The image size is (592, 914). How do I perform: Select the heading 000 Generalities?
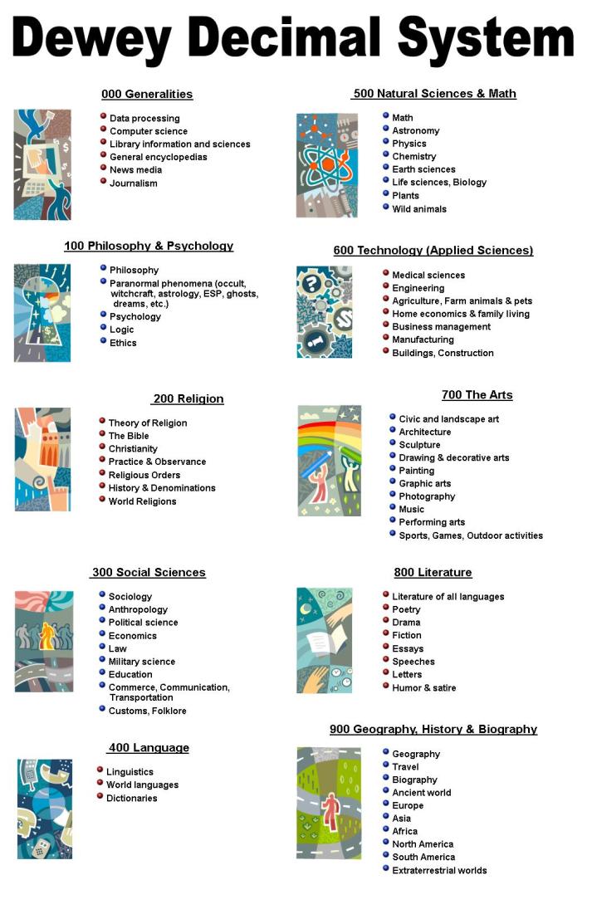pos(147,94)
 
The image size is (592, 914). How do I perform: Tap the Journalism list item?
pos(133,183)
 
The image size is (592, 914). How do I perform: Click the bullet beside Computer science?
pos(103,130)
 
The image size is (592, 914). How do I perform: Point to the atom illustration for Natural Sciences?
pos(326,165)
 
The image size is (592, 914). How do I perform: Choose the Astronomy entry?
pos(415,130)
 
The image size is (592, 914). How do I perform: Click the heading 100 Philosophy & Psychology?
pos(149,246)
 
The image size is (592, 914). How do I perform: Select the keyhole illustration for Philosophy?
pos(42,312)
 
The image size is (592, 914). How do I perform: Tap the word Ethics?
pos(123,343)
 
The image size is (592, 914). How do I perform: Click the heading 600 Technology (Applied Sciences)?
pos(433,250)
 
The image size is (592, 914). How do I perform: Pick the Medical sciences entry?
pos(428,275)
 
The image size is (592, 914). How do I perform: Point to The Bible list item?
pos(129,436)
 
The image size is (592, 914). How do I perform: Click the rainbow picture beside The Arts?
pos(329,460)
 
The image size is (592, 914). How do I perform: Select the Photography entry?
pos(427,496)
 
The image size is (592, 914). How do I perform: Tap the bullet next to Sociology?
pos(102,594)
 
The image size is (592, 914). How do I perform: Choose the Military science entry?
pos(141,662)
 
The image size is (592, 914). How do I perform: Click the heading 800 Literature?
pos(433,572)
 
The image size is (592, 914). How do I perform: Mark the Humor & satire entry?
pos(423,687)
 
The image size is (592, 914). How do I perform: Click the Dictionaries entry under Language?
pos(131,798)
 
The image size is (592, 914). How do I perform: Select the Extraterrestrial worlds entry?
pos(439,870)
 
